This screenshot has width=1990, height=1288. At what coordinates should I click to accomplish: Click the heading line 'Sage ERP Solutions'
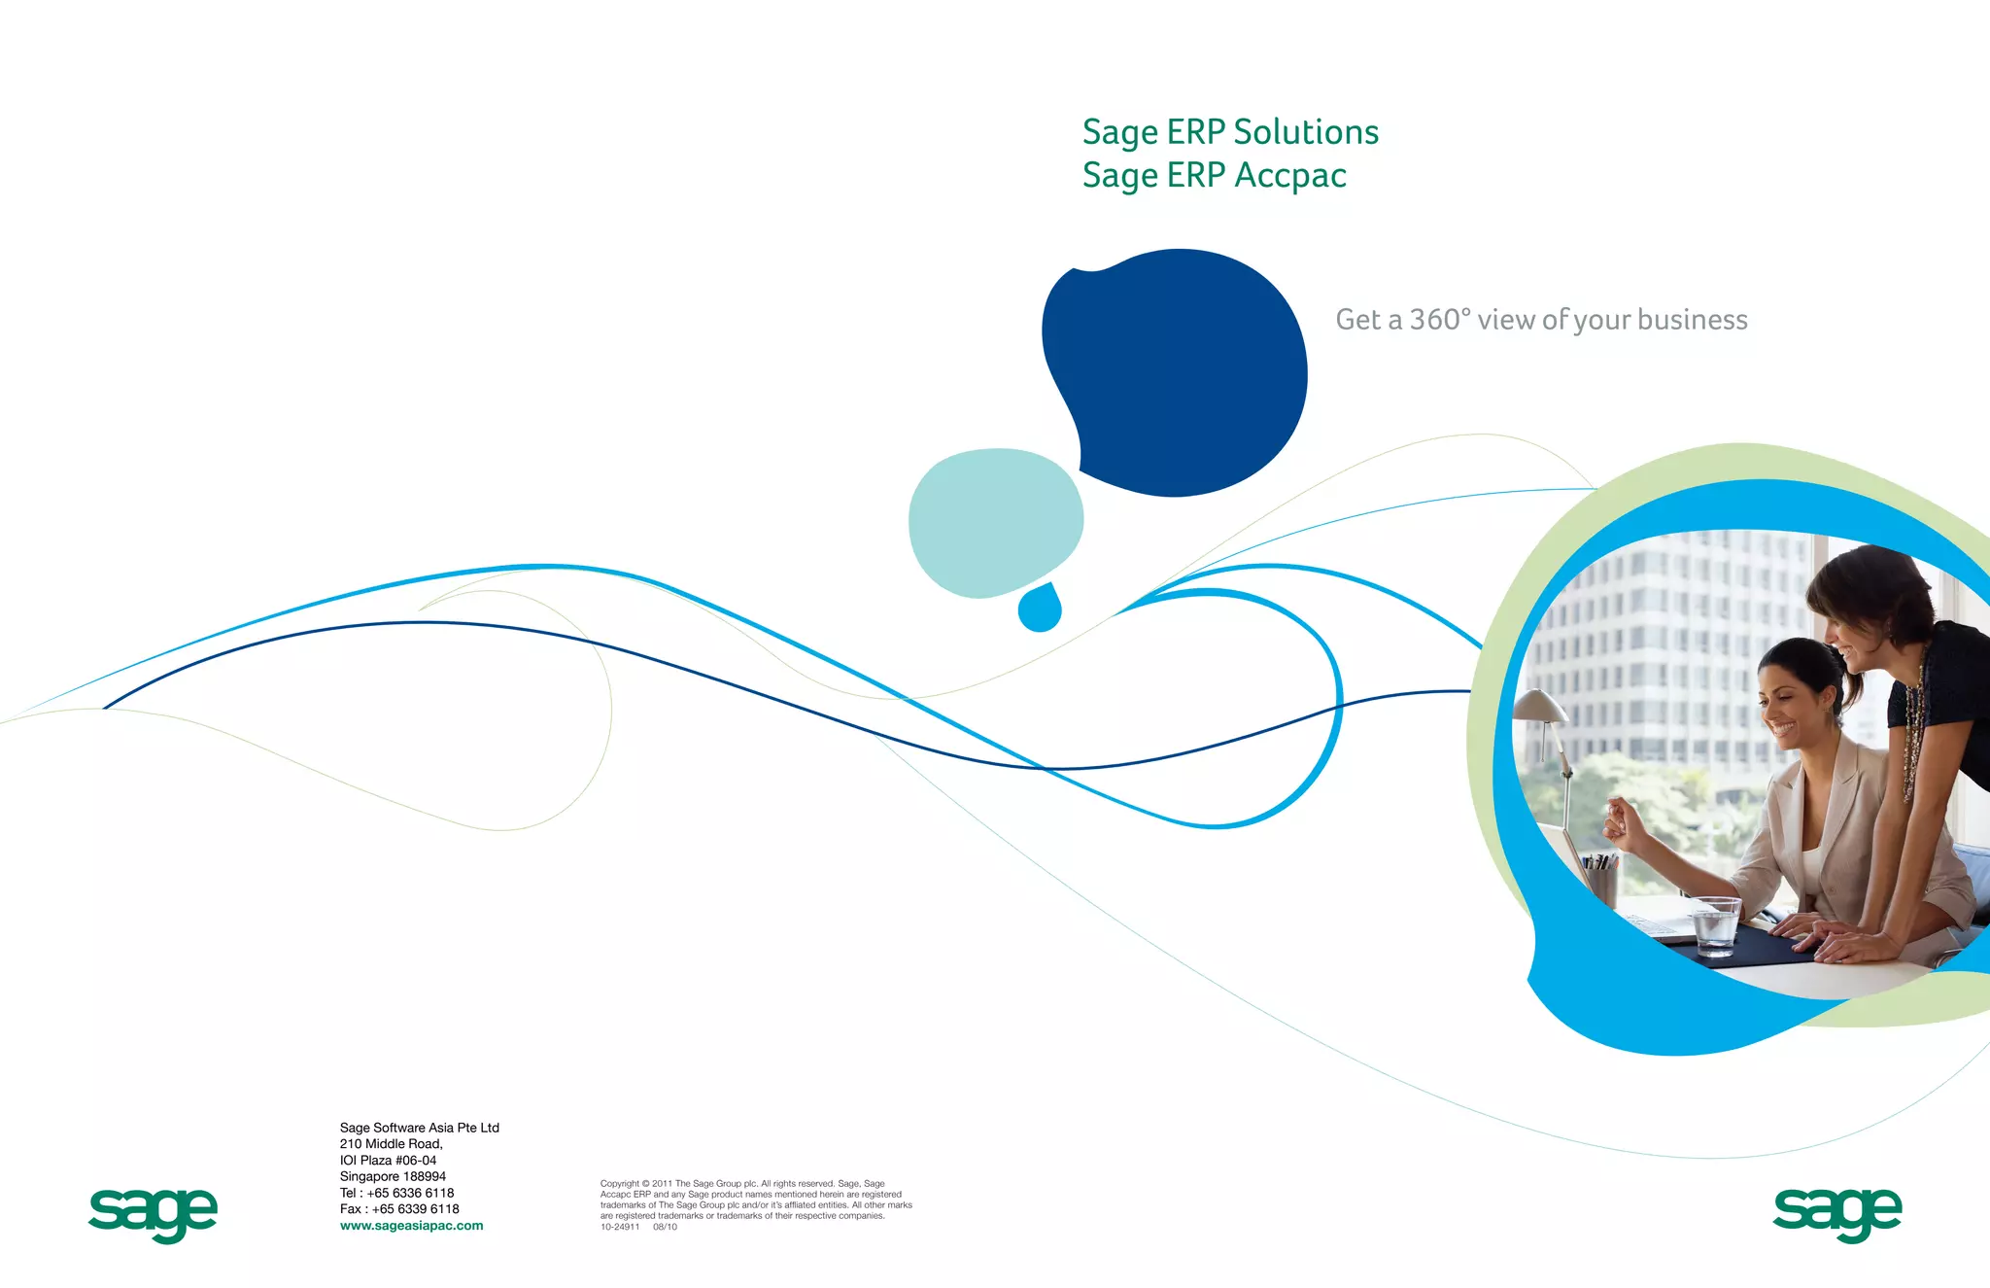tap(1230, 132)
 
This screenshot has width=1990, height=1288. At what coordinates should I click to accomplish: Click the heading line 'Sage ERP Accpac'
tap(1214, 176)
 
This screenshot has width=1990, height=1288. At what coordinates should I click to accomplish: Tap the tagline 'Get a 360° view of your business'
tap(1541, 320)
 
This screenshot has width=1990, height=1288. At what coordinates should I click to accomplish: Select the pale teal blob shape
tap(994, 521)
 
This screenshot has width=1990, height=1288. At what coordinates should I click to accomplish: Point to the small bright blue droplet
tap(1040, 609)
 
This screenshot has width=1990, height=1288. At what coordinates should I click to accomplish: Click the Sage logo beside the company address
tap(153, 1213)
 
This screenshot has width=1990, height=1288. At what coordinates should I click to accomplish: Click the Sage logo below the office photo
tap(1836, 1213)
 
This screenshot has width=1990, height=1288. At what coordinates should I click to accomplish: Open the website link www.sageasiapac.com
tap(411, 1226)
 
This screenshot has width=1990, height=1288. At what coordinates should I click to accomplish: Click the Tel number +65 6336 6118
tap(410, 1193)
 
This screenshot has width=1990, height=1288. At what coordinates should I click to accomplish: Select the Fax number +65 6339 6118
tap(415, 1209)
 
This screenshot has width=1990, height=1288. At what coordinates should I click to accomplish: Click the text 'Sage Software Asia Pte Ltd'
tap(419, 1128)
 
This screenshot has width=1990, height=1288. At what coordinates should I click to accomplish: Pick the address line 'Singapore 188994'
tap(393, 1176)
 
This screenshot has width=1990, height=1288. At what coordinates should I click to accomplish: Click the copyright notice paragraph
tap(755, 1200)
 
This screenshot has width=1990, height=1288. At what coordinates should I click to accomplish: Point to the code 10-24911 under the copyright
tap(620, 1227)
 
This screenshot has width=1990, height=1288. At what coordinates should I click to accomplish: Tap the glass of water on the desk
tap(1714, 925)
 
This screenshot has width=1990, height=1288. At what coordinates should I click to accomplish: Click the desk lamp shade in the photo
tap(1540, 707)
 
